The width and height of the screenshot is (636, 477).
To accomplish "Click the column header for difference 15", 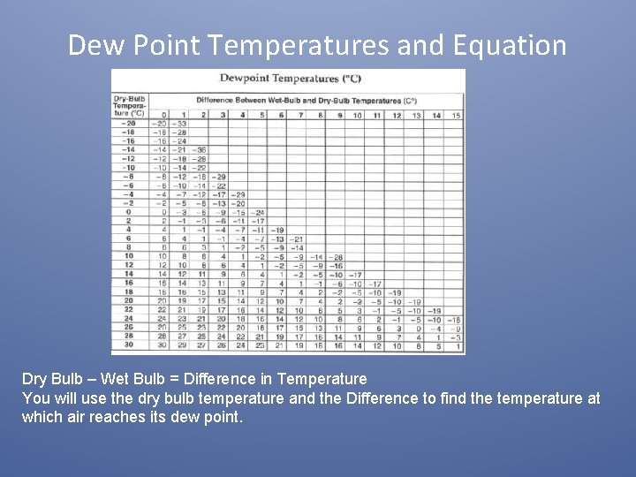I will (455, 115).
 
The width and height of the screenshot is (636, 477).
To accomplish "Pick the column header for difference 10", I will (357, 115).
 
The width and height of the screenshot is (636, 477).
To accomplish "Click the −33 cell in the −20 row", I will (180, 124).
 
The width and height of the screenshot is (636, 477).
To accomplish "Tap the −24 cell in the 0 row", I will (258, 212).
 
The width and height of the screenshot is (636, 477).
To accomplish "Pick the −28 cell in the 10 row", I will (337, 257).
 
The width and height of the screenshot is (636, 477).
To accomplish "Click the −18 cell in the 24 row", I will (454, 319).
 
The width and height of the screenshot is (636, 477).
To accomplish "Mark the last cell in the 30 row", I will (455, 345).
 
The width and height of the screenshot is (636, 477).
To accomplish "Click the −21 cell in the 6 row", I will (298, 239).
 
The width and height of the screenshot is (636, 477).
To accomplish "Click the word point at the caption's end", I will (221, 416).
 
